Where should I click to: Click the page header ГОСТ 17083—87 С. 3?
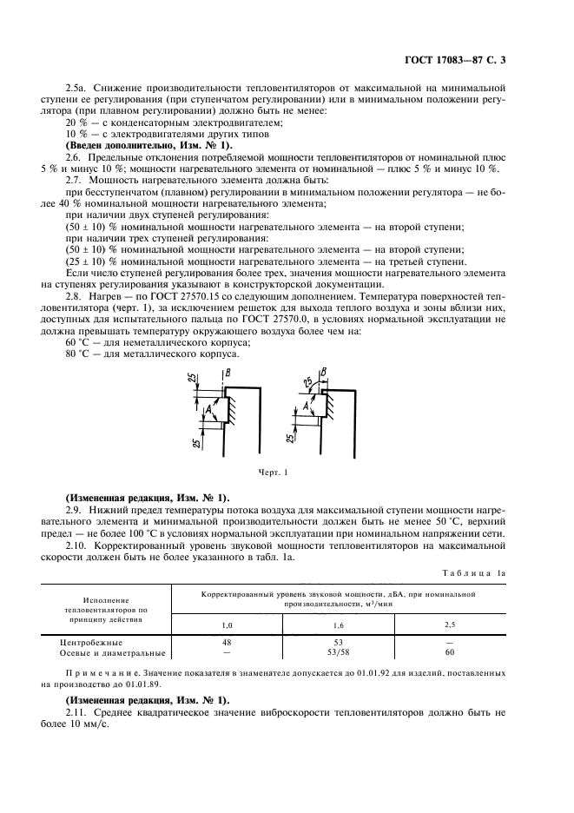coord(467,60)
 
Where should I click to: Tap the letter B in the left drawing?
coord(227,373)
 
